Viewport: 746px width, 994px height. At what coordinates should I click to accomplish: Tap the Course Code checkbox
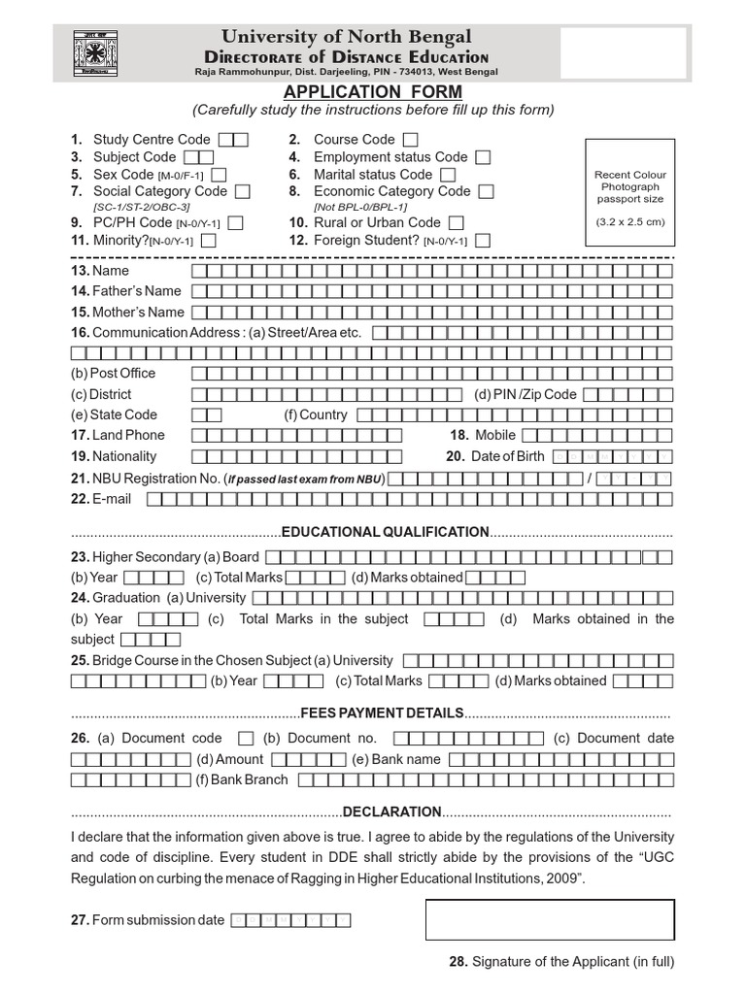(x=411, y=140)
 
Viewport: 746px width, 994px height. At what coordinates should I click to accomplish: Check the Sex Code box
(x=219, y=175)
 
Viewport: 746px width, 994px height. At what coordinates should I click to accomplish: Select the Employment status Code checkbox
(x=483, y=157)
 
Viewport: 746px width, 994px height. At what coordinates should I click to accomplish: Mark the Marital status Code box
(x=448, y=175)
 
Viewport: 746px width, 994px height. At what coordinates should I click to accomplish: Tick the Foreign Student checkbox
(x=483, y=241)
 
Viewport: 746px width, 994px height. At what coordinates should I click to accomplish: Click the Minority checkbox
(x=208, y=241)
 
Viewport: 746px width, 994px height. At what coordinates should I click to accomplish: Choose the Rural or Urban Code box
(x=457, y=223)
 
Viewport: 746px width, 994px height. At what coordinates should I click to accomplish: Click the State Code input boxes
(x=207, y=414)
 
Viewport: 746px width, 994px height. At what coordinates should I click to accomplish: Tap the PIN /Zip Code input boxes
(x=627, y=394)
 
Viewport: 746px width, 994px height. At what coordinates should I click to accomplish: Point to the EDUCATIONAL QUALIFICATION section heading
(x=385, y=532)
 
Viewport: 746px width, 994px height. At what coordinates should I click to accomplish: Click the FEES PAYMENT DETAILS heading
(x=382, y=712)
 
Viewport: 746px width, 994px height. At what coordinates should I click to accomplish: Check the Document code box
(x=246, y=739)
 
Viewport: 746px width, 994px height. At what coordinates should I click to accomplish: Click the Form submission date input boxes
(x=290, y=920)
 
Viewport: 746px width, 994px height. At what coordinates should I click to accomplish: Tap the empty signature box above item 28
(x=550, y=919)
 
